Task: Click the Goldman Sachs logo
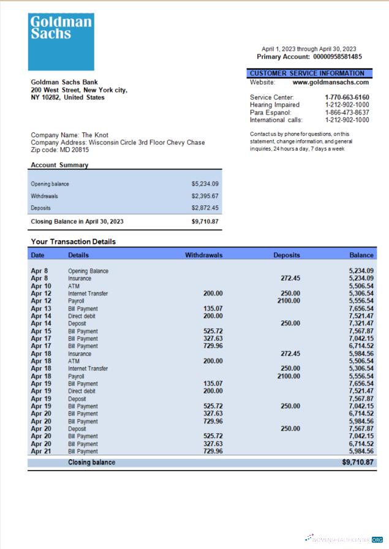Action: (61, 42)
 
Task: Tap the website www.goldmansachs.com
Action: (331, 82)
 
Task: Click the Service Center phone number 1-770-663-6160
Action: (347, 97)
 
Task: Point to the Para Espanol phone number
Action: (347, 113)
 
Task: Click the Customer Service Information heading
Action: (307, 74)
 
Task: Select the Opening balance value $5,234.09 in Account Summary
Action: (205, 184)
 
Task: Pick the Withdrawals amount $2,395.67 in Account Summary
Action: (205, 196)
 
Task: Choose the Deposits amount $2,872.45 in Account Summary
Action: (205, 208)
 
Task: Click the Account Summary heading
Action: (59, 165)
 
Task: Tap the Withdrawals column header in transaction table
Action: (203, 255)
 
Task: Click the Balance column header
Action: (361, 255)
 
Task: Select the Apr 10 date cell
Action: (41, 286)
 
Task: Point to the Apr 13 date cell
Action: (41, 309)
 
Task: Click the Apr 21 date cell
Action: (41, 452)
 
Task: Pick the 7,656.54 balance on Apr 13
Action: (361, 309)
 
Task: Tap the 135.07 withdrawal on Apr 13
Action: (213, 309)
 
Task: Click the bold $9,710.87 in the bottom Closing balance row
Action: (358, 463)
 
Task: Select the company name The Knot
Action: (96, 135)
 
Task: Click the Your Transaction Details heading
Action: (73, 241)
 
